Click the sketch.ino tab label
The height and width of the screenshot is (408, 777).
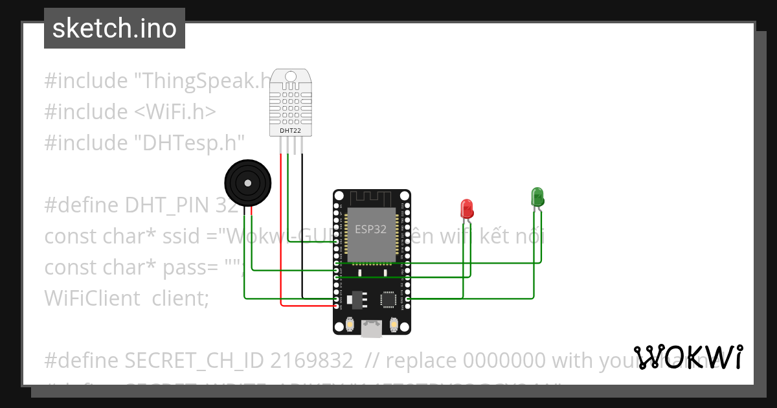[x=115, y=28]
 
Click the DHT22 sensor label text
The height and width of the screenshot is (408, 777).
[x=290, y=130]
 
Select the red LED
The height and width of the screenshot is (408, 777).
[x=467, y=209]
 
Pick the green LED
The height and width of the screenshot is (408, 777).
[x=537, y=196]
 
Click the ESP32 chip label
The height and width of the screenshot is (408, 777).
[x=371, y=229]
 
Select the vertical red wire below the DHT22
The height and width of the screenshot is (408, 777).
[x=281, y=227]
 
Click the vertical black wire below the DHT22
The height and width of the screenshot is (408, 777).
[x=302, y=227]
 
